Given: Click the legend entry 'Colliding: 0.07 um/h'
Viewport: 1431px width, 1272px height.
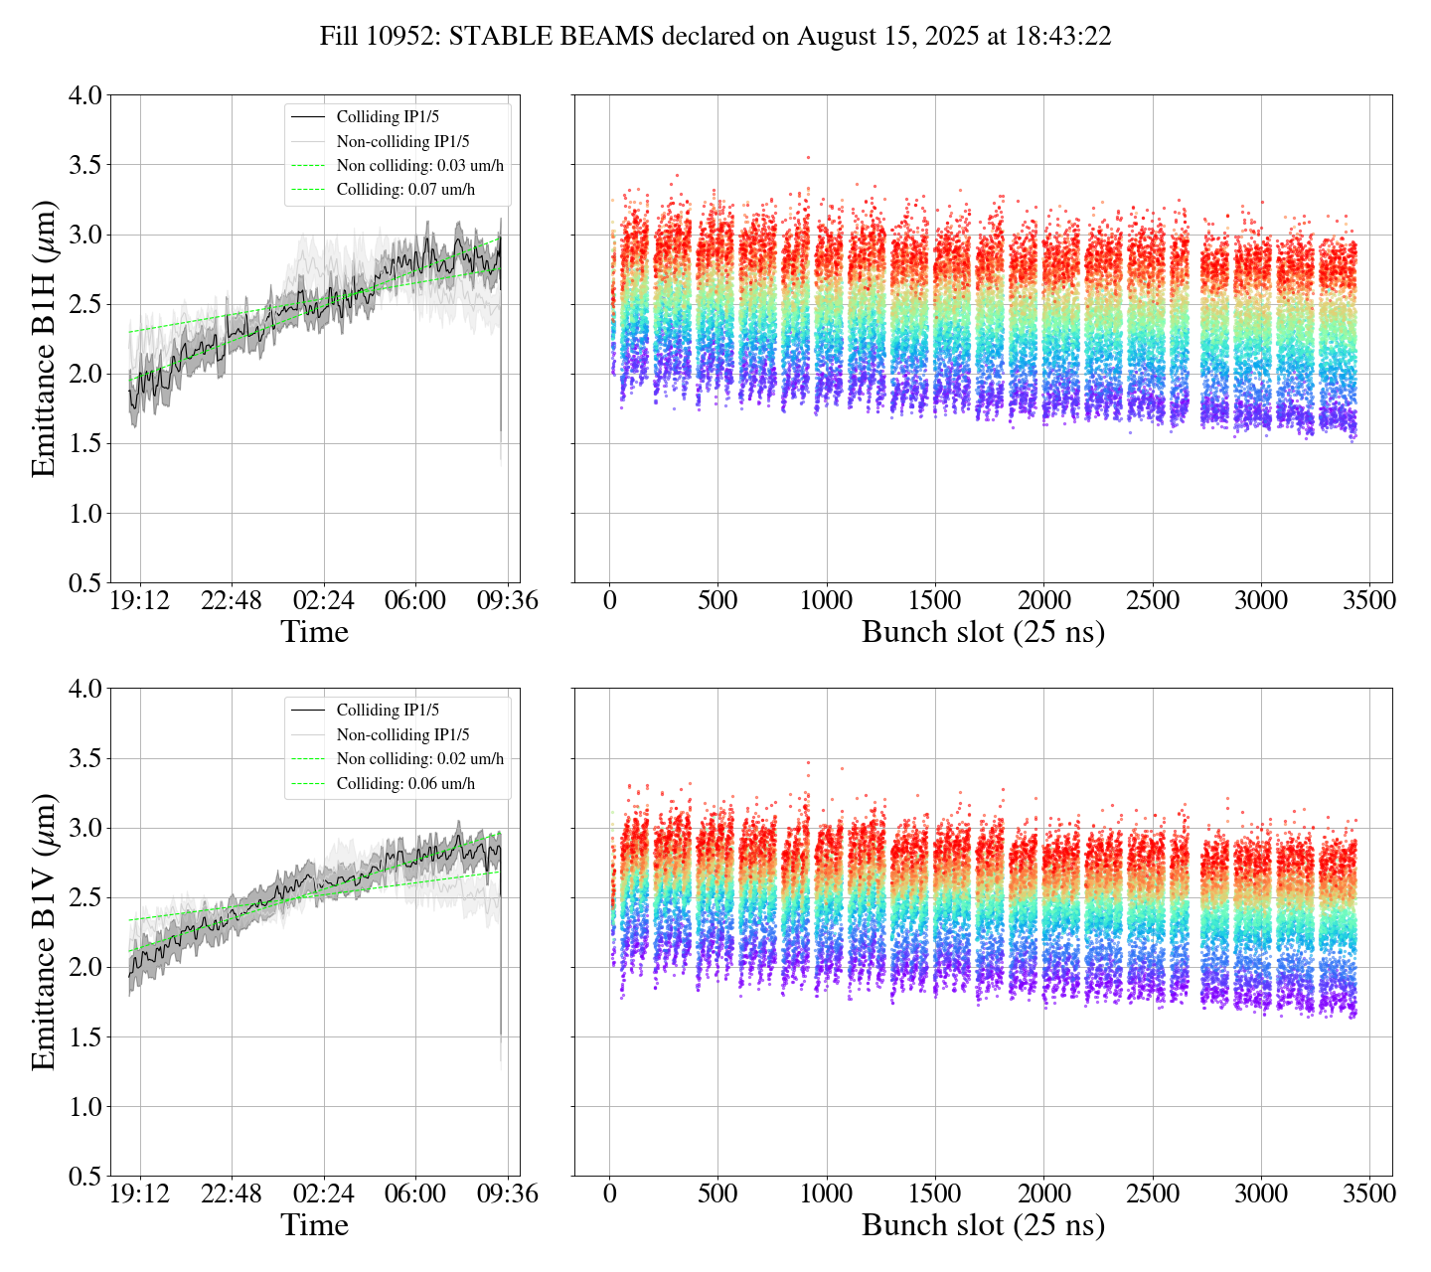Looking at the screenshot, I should click(405, 190).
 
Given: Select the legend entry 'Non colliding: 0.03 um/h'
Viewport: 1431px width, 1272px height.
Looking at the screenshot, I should click(419, 166).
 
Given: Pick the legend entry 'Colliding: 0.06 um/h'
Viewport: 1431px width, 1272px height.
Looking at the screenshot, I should click(405, 783).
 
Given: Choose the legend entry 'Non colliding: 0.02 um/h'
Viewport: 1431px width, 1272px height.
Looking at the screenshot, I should click(419, 759).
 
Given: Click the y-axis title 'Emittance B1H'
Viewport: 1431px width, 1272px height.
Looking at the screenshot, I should click(44, 338).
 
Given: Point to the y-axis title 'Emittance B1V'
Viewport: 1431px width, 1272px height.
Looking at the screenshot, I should click(44, 931).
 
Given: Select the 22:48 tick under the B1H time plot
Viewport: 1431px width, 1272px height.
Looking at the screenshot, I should click(232, 600).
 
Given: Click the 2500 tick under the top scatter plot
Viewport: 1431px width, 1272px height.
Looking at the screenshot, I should click(1152, 600).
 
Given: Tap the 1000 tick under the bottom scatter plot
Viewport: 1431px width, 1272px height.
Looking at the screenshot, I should click(827, 1192).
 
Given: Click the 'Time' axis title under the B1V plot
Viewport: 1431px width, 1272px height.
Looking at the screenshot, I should click(315, 1225).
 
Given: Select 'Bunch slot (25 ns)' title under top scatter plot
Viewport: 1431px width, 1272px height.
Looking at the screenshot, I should click(983, 632).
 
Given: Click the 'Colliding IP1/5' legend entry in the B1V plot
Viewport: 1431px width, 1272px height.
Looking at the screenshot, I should click(388, 711).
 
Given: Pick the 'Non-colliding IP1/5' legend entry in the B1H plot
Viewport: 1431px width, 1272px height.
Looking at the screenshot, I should click(402, 142).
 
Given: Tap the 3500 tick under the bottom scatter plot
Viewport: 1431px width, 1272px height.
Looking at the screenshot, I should click(1369, 1192).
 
